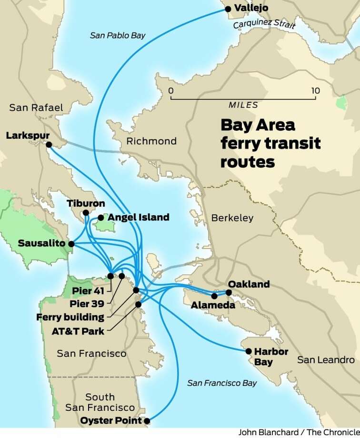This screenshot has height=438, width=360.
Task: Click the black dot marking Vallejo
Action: [x=228, y=9]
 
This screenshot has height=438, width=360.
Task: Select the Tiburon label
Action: [x=86, y=203]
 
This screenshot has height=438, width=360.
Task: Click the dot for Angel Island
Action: [x=101, y=218]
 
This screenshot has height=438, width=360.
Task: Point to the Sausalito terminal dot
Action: [x=71, y=244]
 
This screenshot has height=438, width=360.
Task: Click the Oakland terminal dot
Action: [x=229, y=292]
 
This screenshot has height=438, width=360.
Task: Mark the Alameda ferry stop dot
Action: [x=214, y=296]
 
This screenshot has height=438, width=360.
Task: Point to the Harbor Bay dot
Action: [x=249, y=351]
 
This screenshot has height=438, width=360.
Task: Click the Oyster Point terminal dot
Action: [x=147, y=421]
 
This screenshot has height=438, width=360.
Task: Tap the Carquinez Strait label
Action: [x=263, y=24]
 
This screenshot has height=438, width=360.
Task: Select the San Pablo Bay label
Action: [x=118, y=35]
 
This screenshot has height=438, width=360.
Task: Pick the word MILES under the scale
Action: [x=243, y=105]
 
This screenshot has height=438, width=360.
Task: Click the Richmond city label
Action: [x=151, y=141]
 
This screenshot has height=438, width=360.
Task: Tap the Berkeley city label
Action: [x=232, y=218]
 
